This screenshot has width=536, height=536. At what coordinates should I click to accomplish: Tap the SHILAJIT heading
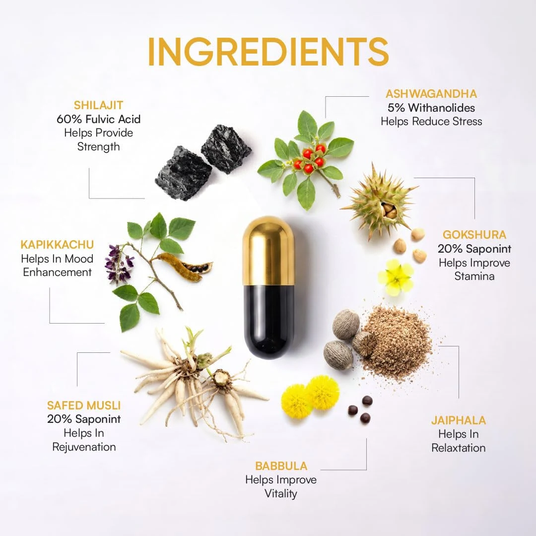coord(98,105)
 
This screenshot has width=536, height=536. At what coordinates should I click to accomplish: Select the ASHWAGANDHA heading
coord(431,94)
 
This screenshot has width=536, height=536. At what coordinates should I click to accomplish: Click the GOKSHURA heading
coord(474,234)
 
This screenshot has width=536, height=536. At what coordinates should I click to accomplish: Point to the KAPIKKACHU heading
coord(57,244)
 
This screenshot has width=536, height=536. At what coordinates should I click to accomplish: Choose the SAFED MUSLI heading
coord(84,405)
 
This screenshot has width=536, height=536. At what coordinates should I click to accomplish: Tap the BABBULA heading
coord(281,466)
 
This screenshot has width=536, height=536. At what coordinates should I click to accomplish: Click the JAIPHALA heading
coord(459,420)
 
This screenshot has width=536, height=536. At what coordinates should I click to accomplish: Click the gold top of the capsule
coord(268,251)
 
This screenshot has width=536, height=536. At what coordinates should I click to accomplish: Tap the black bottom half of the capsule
coord(268,321)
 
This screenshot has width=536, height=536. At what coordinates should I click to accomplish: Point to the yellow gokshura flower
coord(396,277)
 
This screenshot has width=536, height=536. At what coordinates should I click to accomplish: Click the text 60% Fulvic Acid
coord(98,119)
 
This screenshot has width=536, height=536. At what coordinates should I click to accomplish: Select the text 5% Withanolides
coord(431,108)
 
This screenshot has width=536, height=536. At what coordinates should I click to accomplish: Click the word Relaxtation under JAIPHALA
coord(459,448)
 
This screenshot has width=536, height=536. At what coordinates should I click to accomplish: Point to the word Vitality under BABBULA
coord(281,494)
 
